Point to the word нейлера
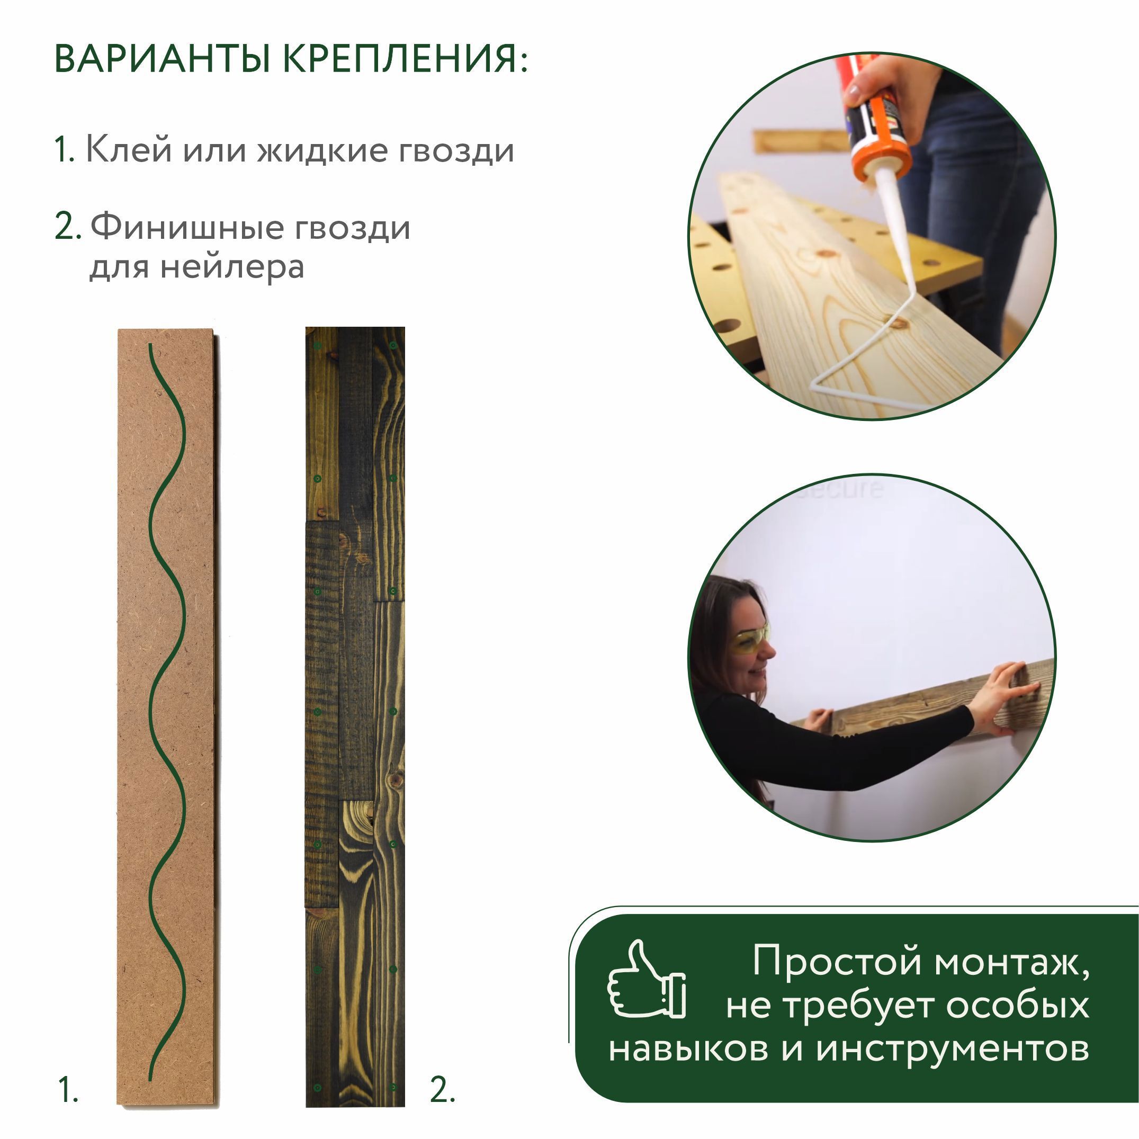click(232, 266)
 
